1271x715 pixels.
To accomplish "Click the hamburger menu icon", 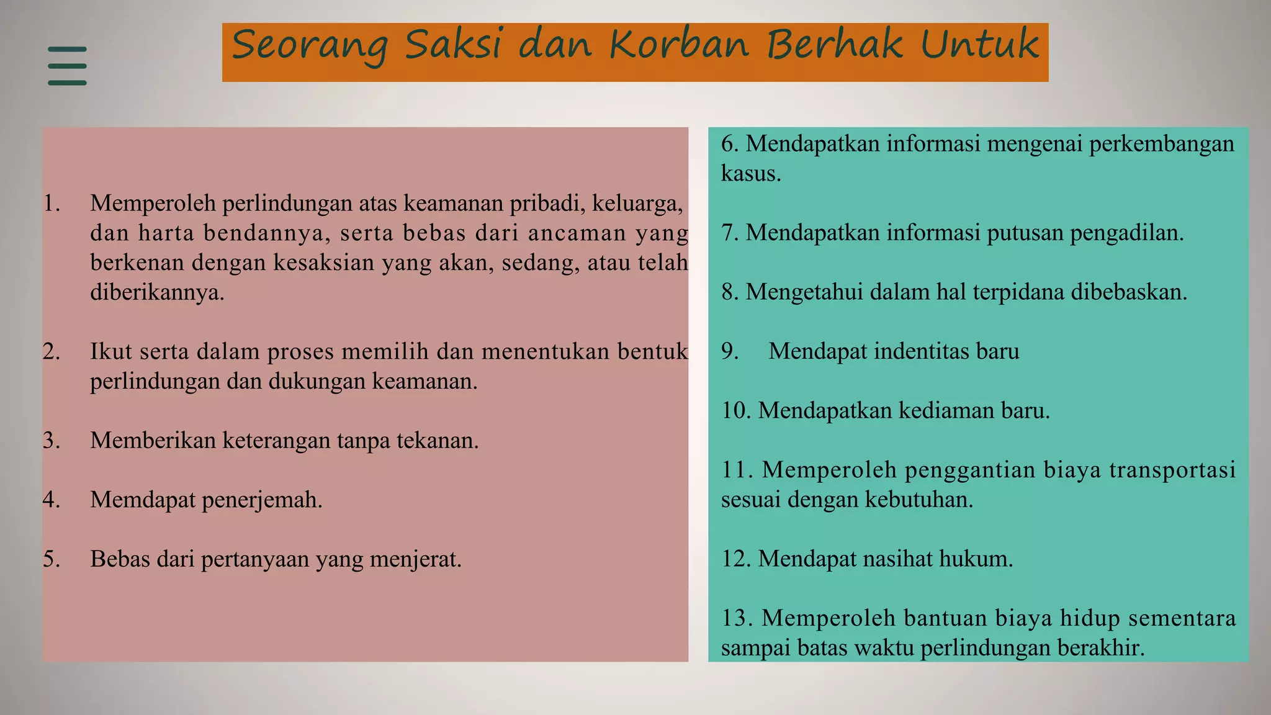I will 67,65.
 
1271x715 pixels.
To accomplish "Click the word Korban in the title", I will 679,45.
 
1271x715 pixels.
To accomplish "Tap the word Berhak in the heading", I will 834,45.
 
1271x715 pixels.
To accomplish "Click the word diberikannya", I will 157,292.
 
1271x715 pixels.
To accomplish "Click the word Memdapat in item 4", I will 143,500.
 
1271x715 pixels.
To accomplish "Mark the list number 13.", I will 737,618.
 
